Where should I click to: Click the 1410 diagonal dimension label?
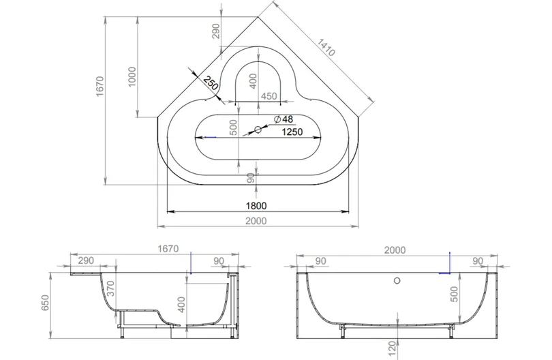pyautogui.click(x=326, y=48)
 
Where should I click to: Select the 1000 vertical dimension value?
pyautogui.click(x=132, y=77)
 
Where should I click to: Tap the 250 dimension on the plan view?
pyautogui.click(x=211, y=83)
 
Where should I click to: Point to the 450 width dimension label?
pyautogui.click(x=269, y=96)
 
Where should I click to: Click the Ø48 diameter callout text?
pyautogui.click(x=283, y=119)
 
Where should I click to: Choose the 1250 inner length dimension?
pyautogui.click(x=292, y=132)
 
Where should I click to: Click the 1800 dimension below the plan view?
pyautogui.click(x=256, y=206)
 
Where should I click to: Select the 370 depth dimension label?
pyautogui.click(x=110, y=289)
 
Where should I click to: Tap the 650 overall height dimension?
pyautogui.click(x=46, y=303)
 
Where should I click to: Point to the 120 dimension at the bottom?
pyautogui.click(x=393, y=348)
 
